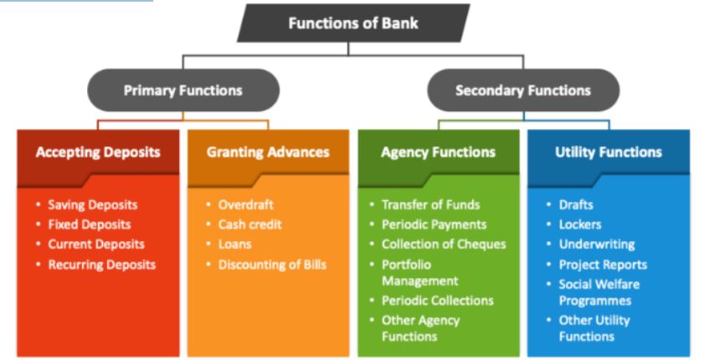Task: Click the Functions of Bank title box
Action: click(352, 23)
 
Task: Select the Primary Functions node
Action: click(182, 90)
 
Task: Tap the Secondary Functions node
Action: click(522, 90)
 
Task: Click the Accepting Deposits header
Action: click(98, 152)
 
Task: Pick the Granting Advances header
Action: click(267, 152)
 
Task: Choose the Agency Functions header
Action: click(438, 152)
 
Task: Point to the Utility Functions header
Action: click(608, 152)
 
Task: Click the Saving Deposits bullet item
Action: click(92, 204)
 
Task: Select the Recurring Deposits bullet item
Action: click(101, 265)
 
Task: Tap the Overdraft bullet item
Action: click(245, 204)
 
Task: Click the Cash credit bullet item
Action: click(249, 224)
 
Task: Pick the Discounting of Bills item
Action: click(272, 265)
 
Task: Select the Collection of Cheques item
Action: click(444, 244)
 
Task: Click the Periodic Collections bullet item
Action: click(437, 300)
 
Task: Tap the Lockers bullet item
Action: click(579, 224)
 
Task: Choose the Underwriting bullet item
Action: click(596, 244)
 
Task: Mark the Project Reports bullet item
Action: click(603, 265)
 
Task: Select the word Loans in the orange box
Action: click(234, 244)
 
